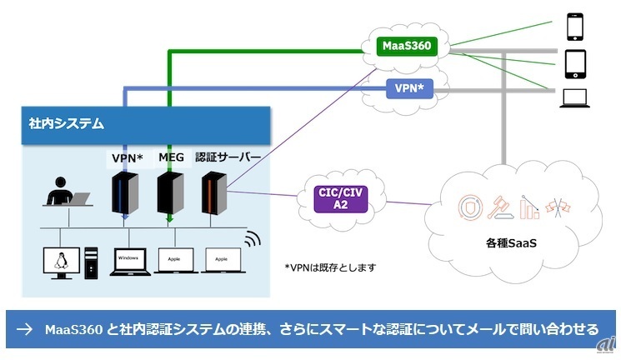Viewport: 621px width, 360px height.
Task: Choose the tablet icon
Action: point(576,63)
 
